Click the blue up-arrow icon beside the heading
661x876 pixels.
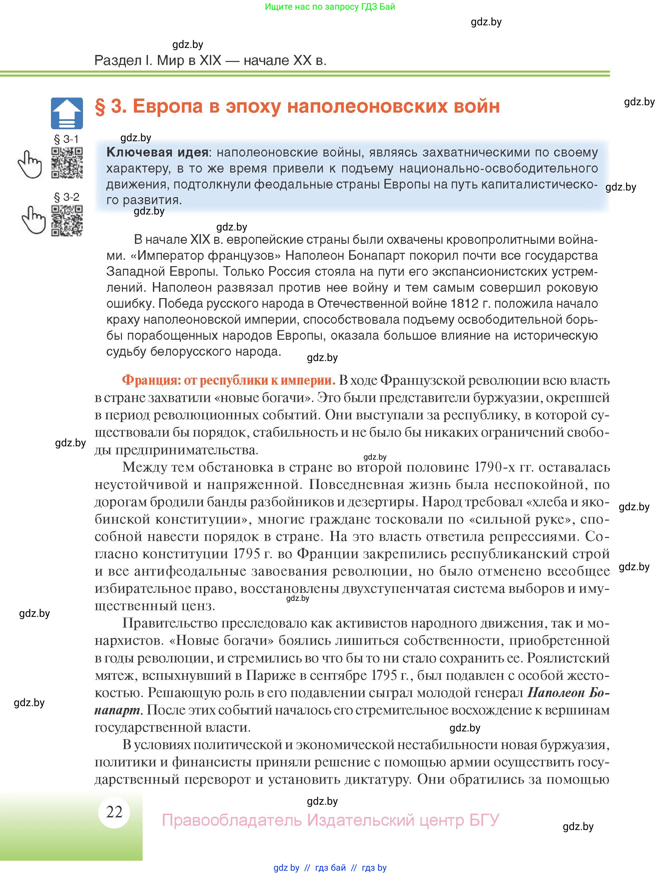(x=67, y=113)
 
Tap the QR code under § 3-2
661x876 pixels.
(x=67, y=220)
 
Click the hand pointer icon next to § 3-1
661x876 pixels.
(x=30, y=164)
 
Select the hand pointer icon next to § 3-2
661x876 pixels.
(x=33, y=220)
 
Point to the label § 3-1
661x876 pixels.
(x=66, y=139)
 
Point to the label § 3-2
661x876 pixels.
(x=67, y=197)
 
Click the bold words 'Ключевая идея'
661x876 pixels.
(x=157, y=152)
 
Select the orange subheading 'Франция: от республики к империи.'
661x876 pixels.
(x=229, y=380)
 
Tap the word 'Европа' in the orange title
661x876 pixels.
(x=168, y=106)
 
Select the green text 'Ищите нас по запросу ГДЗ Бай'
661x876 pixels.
(x=330, y=7)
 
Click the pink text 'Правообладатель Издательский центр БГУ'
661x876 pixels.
(x=330, y=820)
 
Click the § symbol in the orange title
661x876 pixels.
(x=100, y=106)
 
